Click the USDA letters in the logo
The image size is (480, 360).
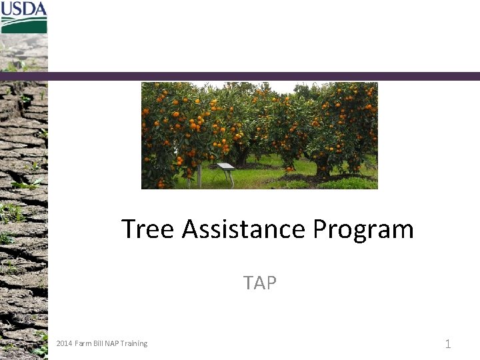(24, 9)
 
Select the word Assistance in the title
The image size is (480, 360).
(243, 229)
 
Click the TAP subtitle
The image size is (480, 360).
(260, 283)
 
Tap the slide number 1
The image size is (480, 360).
(448, 344)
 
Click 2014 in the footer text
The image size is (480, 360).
(64, 343)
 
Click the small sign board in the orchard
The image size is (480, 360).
(226, 167)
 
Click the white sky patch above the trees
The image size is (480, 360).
(287, 86)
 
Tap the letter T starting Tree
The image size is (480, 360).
(129, 229)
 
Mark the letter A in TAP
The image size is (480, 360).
(259, 283)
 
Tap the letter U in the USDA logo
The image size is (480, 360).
(7, 9)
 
